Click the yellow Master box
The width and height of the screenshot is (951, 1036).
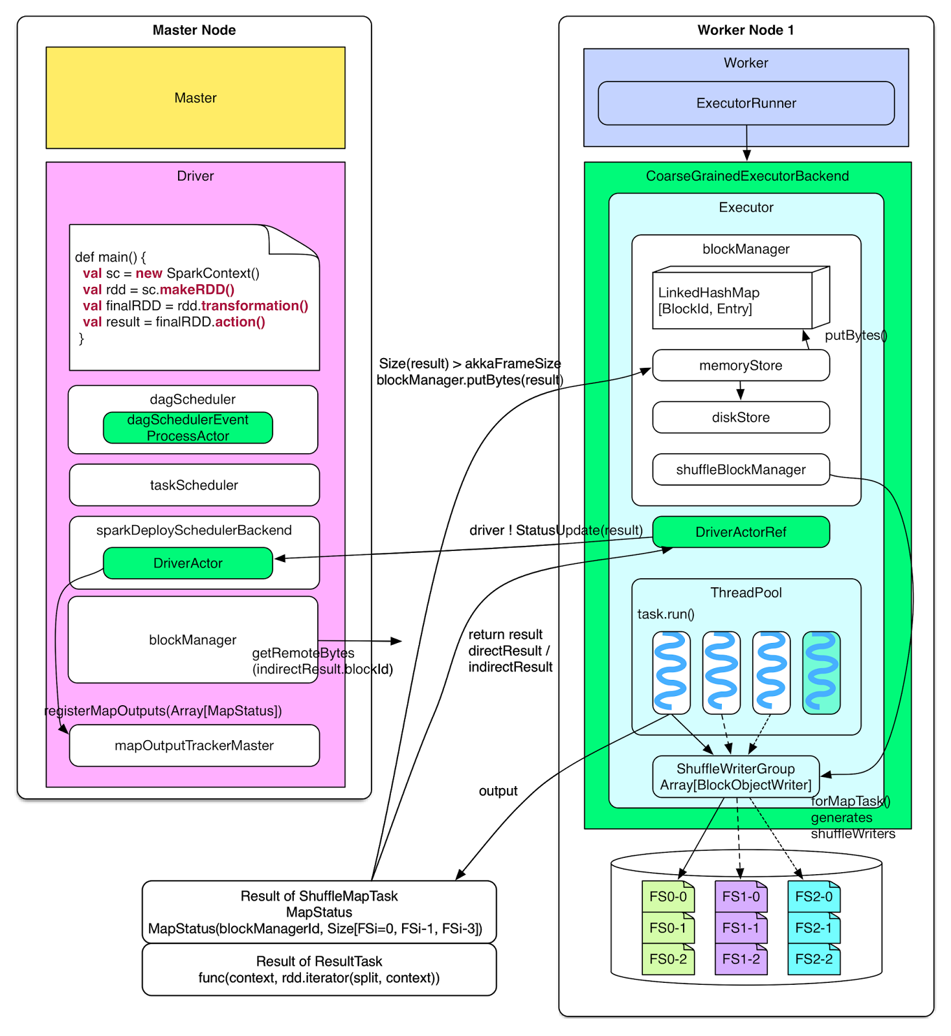pyautogui.click(x=195, y=98)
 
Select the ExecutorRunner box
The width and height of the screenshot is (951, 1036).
pyautogui.click(x=746, y=103)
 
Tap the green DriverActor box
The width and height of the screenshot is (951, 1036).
pyautogui.click(x=188, y=563)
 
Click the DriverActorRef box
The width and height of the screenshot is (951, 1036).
pyautogui.click(x=741, y=532)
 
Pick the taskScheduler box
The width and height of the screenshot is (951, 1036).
pyautogui.click(x=194, y=485)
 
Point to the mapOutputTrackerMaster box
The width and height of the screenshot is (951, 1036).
pyautogui.click(x=194, y=745)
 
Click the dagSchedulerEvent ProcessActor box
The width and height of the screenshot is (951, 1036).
pyautogui.click(x=188, y=428)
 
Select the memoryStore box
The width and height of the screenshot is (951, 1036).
pyautogui.click(x=741, y=366)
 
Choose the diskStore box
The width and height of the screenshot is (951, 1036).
pyautogui.click(x=741, y=418)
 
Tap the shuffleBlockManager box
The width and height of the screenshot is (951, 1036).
pyautogui.click(x=741, y=470)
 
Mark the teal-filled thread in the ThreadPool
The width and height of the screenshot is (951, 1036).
pyautogui.click(x=821, y=673)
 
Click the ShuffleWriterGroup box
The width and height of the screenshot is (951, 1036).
pyautogui.click(x=735, y=777)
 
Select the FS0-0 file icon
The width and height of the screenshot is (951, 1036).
pyautogui.click(x=668, y=897)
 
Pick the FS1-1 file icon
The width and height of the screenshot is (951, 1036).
pyautogui.click(x=741, y=928)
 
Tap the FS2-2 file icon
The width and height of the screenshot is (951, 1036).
pyautogui.click(x=814, y=959)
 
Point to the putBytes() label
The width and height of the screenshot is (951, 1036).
pyautogui.click(x=856, y=335)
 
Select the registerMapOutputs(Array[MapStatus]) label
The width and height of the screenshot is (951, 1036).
pyautogui.click(x=163, y=711)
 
